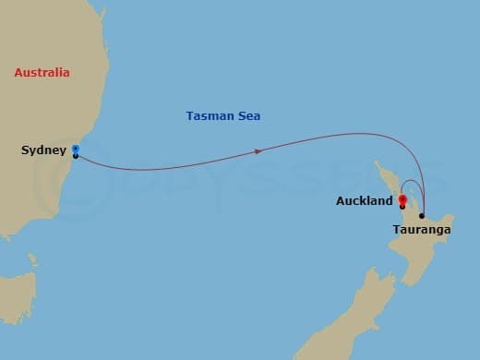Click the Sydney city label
coord(43,150)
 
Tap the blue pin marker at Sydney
coord(75,148)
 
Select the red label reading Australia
coord(42,72)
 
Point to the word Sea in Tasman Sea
coord(247,116)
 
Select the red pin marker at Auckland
coord(402,198)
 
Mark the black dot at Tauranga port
coord(422,216)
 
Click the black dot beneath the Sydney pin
coord(75,156)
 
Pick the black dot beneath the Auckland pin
coord(402,206)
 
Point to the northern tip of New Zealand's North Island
coord(375,163)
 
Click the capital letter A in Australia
coord(18,72)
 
